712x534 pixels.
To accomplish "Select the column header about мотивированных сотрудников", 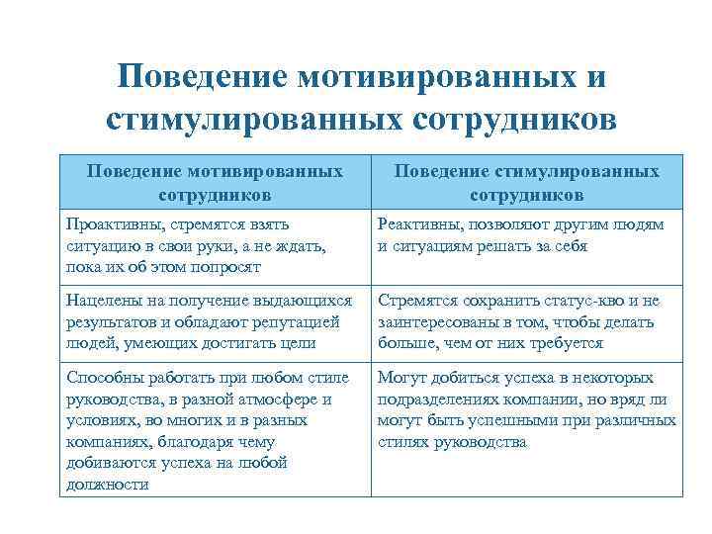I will (215, 182).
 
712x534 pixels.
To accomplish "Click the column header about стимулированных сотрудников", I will (527, 182).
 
